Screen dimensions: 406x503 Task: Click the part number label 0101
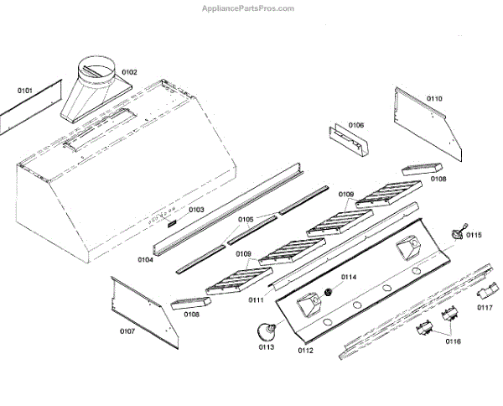coord(24,89)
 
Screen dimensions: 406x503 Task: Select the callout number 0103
coord(196,210)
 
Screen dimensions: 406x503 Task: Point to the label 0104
coord(145,260)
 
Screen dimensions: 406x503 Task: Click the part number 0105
coord(245,221)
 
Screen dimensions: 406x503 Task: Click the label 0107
coord(127,331)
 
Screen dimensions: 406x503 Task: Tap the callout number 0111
coord(257,299)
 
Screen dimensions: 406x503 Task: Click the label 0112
coord(304,350)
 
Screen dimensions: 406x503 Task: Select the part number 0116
coord(454,341)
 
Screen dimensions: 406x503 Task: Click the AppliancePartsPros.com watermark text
coord(250,8)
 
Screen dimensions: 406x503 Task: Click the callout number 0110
coord(434,99)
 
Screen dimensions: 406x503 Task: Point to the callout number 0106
coord(356,126)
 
